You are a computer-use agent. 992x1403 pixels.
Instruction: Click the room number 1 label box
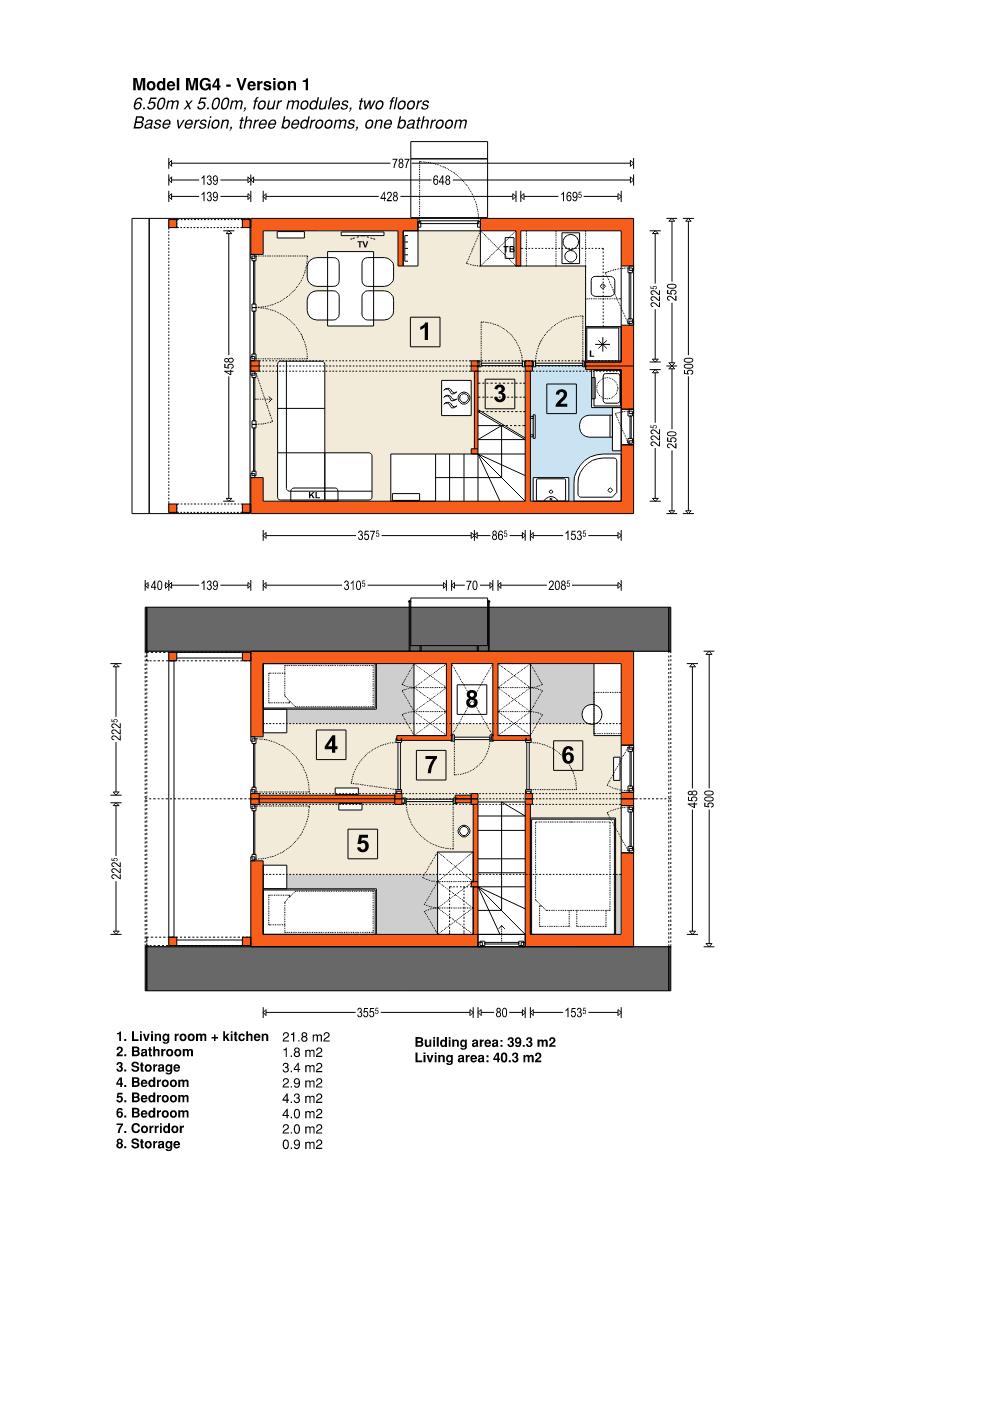[x=425, y=331]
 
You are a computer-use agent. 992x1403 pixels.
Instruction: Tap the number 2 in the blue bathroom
[x=561, y=398]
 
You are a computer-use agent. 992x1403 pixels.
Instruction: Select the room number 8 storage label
[x=472, y=698]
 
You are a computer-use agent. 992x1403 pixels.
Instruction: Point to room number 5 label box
[x=363, y=843]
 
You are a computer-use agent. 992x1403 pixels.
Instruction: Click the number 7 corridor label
[x=431, y=765]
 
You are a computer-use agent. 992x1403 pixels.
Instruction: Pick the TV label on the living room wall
[x=363, y=245]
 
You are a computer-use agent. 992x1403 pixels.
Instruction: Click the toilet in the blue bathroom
[x=595, y=429]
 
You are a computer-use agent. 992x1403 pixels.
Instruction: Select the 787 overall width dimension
[x=401, y=164]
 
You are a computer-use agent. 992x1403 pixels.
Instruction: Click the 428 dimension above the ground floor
[x=390, y=197]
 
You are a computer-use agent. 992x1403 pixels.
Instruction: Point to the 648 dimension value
[x=442, y=180]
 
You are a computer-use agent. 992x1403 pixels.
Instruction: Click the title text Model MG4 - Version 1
[x=221, y=85]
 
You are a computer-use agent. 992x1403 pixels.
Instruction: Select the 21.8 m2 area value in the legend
[x=306, y=1037]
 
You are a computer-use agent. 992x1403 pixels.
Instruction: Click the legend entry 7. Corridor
[x=150, y=1128]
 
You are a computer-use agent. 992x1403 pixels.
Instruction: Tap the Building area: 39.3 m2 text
[x=485, y=1042]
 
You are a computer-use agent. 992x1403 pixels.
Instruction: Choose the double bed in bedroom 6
[x=572, y=874]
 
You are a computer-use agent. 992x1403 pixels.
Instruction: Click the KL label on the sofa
[x=314, y=495]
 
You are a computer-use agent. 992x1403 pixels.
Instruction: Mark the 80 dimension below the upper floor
[x=501, y=1012]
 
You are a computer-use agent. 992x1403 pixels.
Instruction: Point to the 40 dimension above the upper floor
[x=156, y=586]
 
